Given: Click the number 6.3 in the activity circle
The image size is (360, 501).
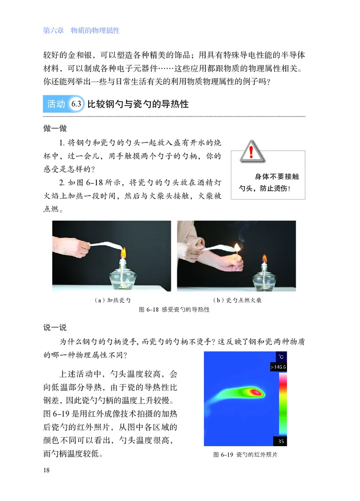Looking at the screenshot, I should point(76,104).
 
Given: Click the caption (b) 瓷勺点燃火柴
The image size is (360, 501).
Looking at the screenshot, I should point(237,300).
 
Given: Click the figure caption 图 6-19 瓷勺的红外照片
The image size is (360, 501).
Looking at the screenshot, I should point(245,455).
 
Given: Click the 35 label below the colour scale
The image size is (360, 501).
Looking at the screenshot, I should point(282,441).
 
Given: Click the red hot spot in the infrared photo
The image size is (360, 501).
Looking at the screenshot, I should point(256,392).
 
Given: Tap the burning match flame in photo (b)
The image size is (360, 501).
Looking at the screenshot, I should point(237,247).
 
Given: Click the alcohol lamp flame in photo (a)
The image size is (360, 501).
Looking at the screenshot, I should point(123,250).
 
